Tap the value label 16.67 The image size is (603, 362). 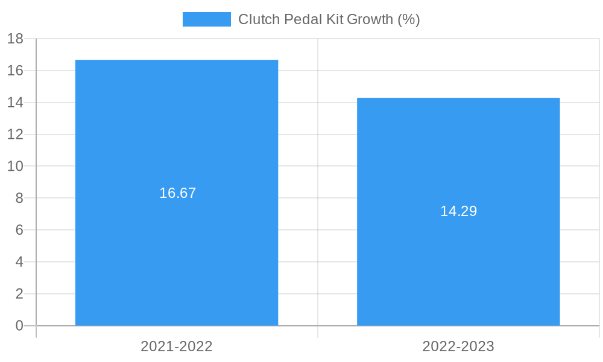(x=177, y=193)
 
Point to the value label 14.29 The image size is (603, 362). (x=458, y=211)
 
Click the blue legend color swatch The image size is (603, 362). (x=206, y=19)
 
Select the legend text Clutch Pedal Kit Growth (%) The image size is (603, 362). (x=329, y=19)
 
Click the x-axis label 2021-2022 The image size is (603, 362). (x=177, y=346)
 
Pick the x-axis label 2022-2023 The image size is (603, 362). (x=458, y=346)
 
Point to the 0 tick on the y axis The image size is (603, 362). (x=19, y=326)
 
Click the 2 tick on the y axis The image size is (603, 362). (x=19, y=294)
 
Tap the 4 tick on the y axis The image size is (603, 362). (x=19, y=262)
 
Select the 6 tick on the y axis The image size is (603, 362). (x=19, y=230)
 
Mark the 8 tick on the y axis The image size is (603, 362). (x=19, y=198)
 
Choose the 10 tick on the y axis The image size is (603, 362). (x=15, y=166)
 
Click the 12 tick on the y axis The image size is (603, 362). (x=15, y=135)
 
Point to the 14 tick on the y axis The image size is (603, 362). (x=15, y=103)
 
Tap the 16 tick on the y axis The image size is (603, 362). (x=15, y=71)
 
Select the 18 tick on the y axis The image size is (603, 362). (x=15, y=39)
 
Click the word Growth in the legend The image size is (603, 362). (x=370, y=19)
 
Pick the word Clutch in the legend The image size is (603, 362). (x=257, y=19)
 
